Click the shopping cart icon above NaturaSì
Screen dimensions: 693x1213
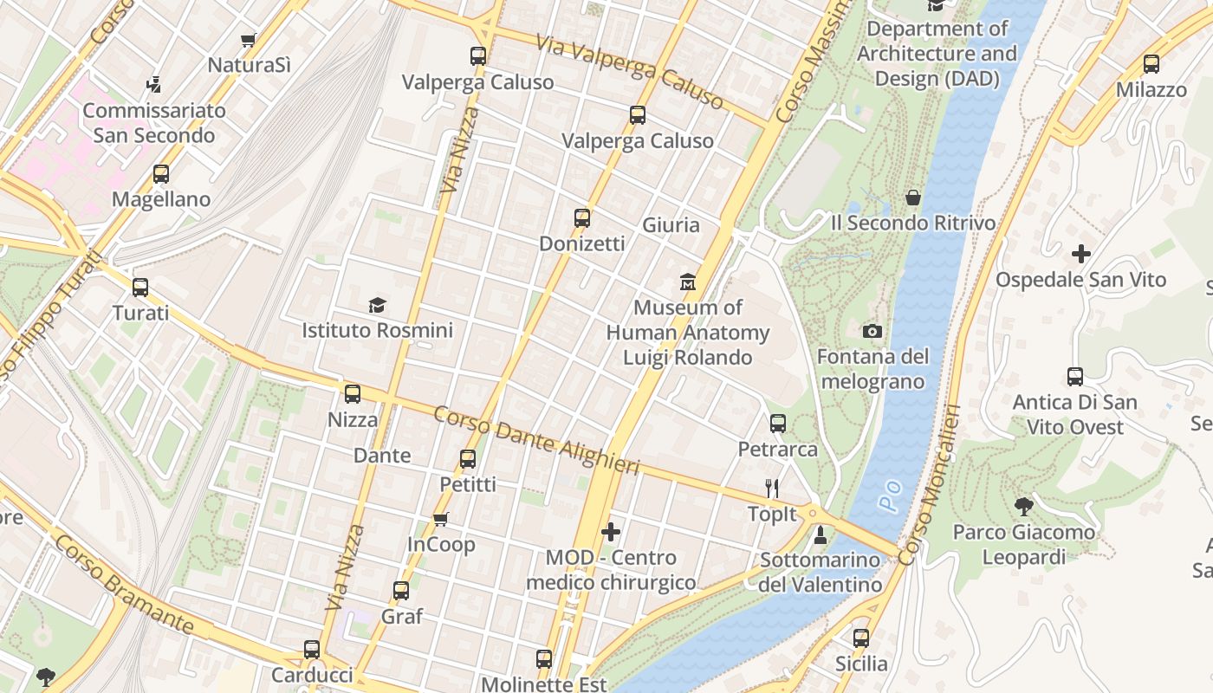(249, 40)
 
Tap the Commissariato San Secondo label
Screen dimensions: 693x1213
(154, 123)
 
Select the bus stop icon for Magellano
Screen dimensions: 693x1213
(161, 174)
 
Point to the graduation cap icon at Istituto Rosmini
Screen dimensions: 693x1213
(377, 305)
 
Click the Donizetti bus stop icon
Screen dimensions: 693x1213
(582, 218)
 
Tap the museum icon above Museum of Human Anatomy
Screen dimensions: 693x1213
(688, 282)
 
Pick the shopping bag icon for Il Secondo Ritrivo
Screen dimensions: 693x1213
(912, 198)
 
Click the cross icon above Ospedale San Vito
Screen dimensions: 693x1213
(1080, 254)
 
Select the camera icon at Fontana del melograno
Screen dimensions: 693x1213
(872, 331)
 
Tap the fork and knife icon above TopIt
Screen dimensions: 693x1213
(772, 489)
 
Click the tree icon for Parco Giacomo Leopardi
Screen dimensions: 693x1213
(1024, 506)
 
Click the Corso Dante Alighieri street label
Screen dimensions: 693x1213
(536, 441)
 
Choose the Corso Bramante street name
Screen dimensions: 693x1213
(124, 584)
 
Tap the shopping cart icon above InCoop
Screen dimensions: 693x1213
(441, 519)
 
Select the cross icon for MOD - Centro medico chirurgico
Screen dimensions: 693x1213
(611, 531)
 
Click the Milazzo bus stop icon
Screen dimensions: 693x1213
(1151, 64)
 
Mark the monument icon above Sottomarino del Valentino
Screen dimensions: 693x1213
(821, 535)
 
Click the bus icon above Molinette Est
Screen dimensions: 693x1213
(544, 659)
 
